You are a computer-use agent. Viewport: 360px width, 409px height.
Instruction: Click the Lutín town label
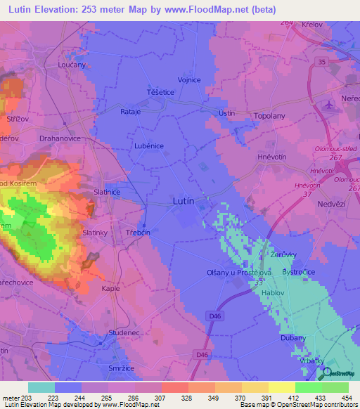pos(183,201)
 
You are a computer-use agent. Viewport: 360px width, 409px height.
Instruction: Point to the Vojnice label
pos(189,80)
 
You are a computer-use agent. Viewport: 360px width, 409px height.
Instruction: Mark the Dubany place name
pos(293,338)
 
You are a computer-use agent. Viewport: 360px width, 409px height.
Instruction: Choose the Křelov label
pos(311,25)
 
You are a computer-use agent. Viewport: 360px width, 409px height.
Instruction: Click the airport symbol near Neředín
pos(328,105)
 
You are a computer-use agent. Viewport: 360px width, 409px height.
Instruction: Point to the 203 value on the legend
pos(27,398)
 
